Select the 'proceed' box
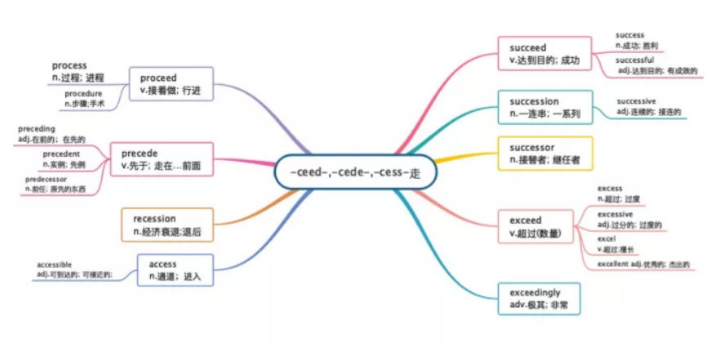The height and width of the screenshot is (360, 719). click(171, 83)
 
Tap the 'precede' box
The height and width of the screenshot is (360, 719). click(162, 159)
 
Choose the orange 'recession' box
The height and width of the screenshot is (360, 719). click(166, 224)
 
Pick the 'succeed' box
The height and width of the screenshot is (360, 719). click(544, 53)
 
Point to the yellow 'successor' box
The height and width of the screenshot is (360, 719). click(544, 153)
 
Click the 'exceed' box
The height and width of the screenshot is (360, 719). click(544, 226)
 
